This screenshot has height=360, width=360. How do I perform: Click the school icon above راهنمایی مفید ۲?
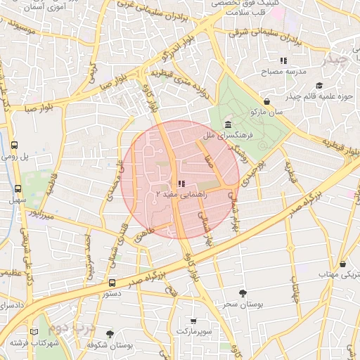pyautogui.click(x=172, y=184)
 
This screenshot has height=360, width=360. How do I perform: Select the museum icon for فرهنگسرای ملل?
pyautogui.click(x=230, y=124)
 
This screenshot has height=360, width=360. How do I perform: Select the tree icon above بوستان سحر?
pyautogui.click(x=243, y=293)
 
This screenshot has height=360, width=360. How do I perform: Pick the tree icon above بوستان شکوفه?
pyautogui.click(x=109, y=334)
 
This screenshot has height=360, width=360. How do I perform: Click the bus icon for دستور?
pyautogui.click(x=112, y=283)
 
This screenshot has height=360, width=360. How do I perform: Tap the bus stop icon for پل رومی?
pyautogui.click(x=14, y=145)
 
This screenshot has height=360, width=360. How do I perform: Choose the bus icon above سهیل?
pyautogui.click(x=18, y=188)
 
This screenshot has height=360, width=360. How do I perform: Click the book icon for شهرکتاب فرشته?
pyautogui.click(x=34, y=332)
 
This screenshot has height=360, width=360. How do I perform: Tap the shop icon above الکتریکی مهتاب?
pyautogui.click(x=342, y=264)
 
